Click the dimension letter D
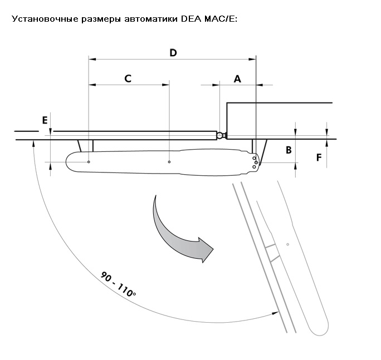[173, 53]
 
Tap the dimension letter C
[128, 78]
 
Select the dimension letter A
[237, 79]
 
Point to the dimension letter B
[289, 150]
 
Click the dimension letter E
[45, 120]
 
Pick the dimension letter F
[319, 157]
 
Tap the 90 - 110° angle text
[118, 284]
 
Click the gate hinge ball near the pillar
[220, 135]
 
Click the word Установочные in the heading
[45, 19]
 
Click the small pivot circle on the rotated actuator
[287, 244]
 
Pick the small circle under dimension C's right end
[169, 162]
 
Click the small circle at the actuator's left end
[89, 162]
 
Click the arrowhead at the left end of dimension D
[92, 59]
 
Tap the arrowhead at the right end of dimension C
[166, 85]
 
